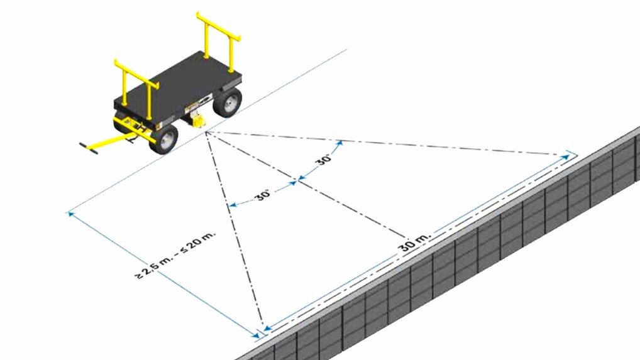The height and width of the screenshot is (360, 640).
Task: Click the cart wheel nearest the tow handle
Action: pyautogui.click(x=164, y=139)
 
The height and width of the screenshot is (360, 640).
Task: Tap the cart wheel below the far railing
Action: pyautogui.click(x=228, y=102)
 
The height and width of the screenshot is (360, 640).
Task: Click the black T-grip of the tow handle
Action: pyautogui.click(x=89, y=149)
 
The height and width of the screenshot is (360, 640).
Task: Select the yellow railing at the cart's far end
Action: pyautogui.click(x=218, y=41)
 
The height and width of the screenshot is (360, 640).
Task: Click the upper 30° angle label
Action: pyautogui.click(x=324, y=158)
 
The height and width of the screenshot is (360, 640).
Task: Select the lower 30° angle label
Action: pyautogui.click(x=263, y=195)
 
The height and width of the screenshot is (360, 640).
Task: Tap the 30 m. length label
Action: pyautogui.click(x=414, y=242)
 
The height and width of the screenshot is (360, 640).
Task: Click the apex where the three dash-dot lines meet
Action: pyautogui.click(x=206, y=132)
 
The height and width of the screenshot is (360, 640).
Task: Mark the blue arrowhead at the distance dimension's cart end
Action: pyautogui.click(x=71, y=214)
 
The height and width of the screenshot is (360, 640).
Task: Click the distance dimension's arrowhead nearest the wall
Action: pyautogui.click(x=255, y=335)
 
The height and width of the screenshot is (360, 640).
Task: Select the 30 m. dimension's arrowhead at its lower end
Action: pyautogui.click(x=267, y=327)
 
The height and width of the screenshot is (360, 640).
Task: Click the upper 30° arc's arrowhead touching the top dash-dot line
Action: pyautogui.click(x=340, y=143)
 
